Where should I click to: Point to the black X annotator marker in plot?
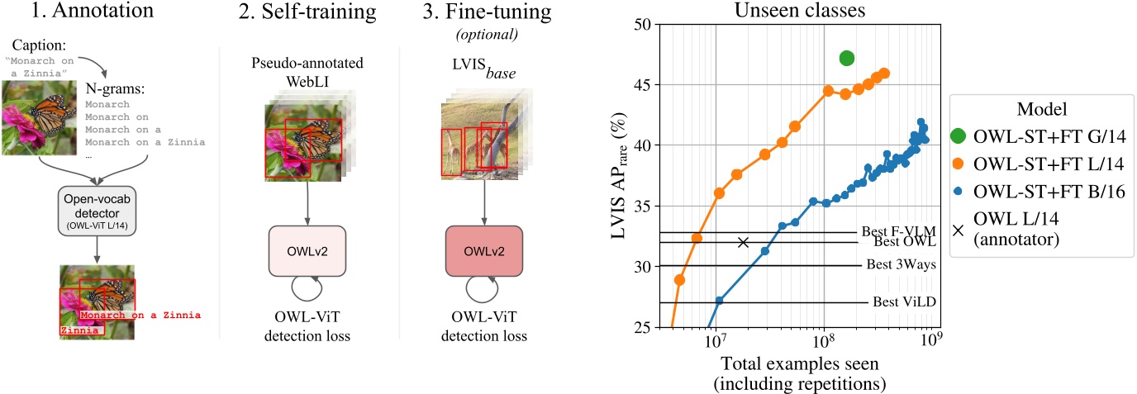pos(744,242)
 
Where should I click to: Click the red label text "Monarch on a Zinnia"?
pos(140,316)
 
